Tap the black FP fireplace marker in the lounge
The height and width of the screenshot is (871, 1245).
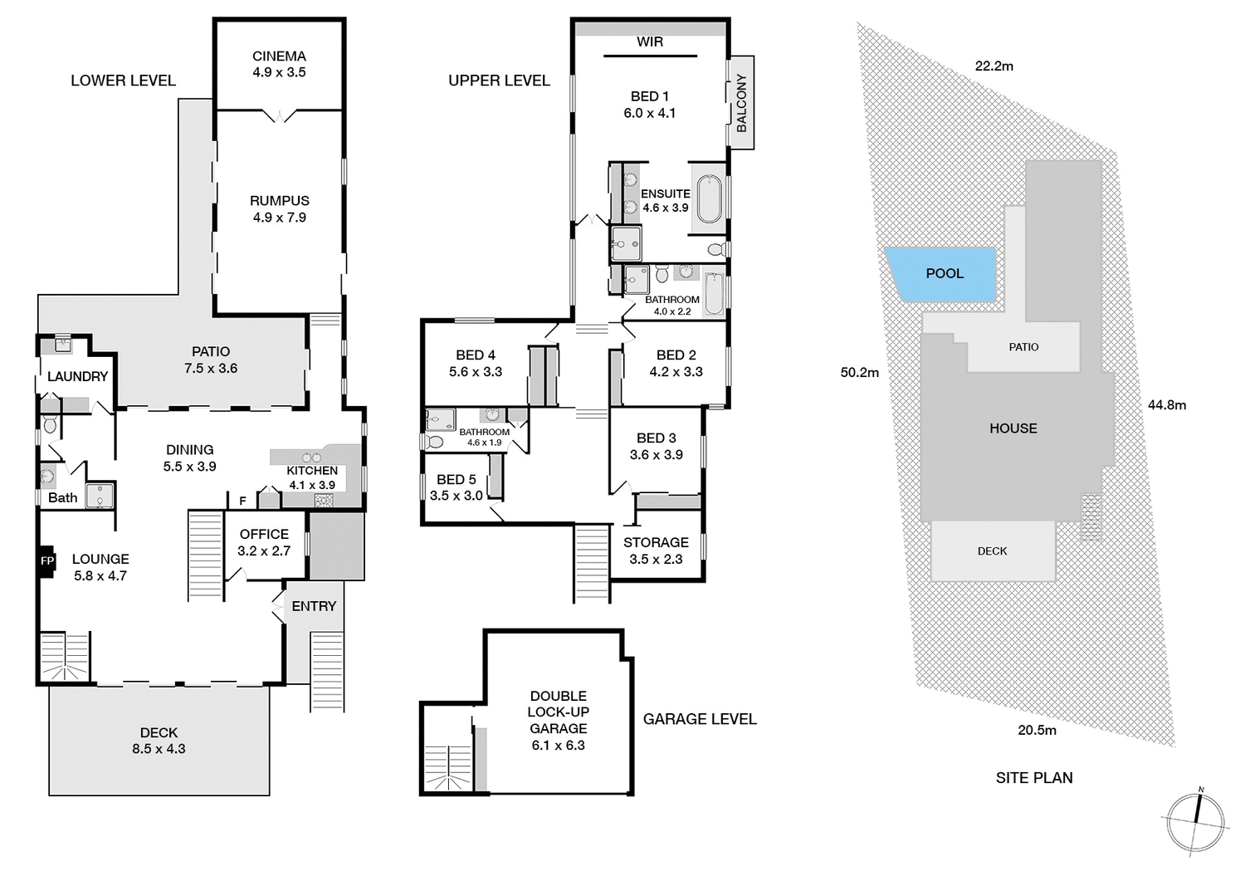coord(46,561)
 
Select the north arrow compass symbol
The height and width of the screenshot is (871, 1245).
coord(1196,820)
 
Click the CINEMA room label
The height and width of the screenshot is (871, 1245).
coord(279,56)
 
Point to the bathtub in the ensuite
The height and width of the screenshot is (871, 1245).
coord(709,199)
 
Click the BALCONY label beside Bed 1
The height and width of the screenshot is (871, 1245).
coord(741,102)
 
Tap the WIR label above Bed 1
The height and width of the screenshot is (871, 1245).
coord(650,42)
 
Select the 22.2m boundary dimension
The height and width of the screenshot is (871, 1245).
coord(994,66)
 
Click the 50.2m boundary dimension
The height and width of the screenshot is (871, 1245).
coord(859,373)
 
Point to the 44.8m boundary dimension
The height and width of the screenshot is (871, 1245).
coord(1166,405)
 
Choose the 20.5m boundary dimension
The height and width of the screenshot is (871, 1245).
coord(1037,731)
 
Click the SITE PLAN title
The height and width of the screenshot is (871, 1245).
coord(1034,778)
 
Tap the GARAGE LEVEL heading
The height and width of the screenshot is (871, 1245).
coord(700,719)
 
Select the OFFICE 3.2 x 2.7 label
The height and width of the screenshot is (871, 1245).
coord(264,542)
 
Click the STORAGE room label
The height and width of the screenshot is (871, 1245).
coord(656,542)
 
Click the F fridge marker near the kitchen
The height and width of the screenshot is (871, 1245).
coord(242,501)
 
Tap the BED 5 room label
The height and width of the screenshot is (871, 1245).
coord(456,480)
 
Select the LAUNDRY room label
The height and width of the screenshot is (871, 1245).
coord(77,377)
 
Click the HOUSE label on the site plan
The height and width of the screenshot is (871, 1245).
coord(1013,428)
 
